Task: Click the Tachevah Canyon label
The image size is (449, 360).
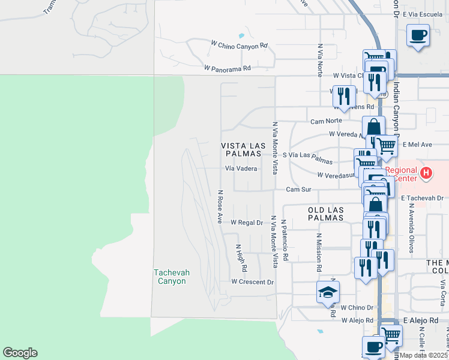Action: click(x=171, y=277)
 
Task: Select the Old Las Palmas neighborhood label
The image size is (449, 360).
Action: click(x=325, y=214)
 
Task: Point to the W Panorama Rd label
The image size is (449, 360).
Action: click(x=227, y=69)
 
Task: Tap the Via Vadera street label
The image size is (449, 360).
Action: click(x=241, y=169)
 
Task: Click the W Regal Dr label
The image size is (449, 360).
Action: click(x=247, y=223)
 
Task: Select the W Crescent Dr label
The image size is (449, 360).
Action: click(x=252, y=282)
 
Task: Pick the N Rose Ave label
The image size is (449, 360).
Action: click(x=220, y=207)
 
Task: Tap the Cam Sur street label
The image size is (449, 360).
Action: click(x=299, y=190)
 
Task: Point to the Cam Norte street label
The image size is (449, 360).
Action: click(x=326, y=121)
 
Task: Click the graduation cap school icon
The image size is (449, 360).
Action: click(x=328, y=292)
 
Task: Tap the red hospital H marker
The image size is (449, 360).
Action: click(x=426, y=174)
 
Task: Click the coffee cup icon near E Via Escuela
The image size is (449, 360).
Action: click(x=418, y=35)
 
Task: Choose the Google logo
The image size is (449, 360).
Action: click(x=20, y=353)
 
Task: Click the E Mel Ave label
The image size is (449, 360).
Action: click(x=418, y=145)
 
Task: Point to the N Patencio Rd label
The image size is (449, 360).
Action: click(x=285, y=239)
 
